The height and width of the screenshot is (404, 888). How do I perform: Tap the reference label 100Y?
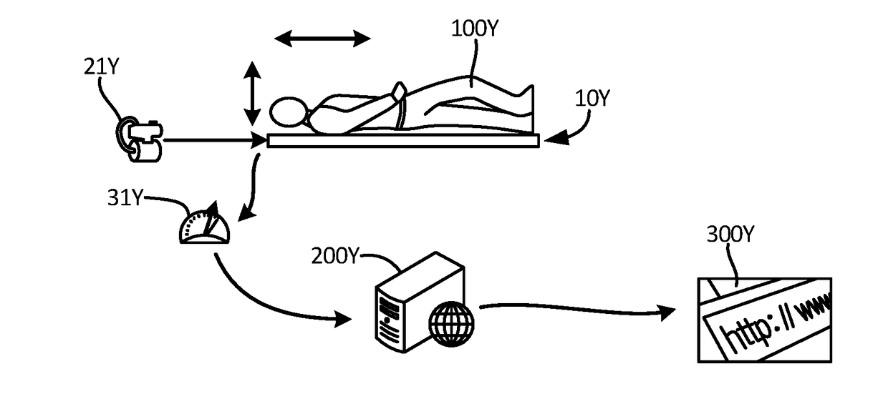(475, 29)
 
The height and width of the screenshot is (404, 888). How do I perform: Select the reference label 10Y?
(591, 98)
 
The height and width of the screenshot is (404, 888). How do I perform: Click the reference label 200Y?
(334, 256)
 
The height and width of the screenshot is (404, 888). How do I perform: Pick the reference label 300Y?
(730, 235)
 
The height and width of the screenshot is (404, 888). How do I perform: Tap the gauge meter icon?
(205, 226)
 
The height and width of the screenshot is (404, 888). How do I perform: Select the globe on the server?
(451, 322)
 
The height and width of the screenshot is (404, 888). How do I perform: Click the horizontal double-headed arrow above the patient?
(323, 38)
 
